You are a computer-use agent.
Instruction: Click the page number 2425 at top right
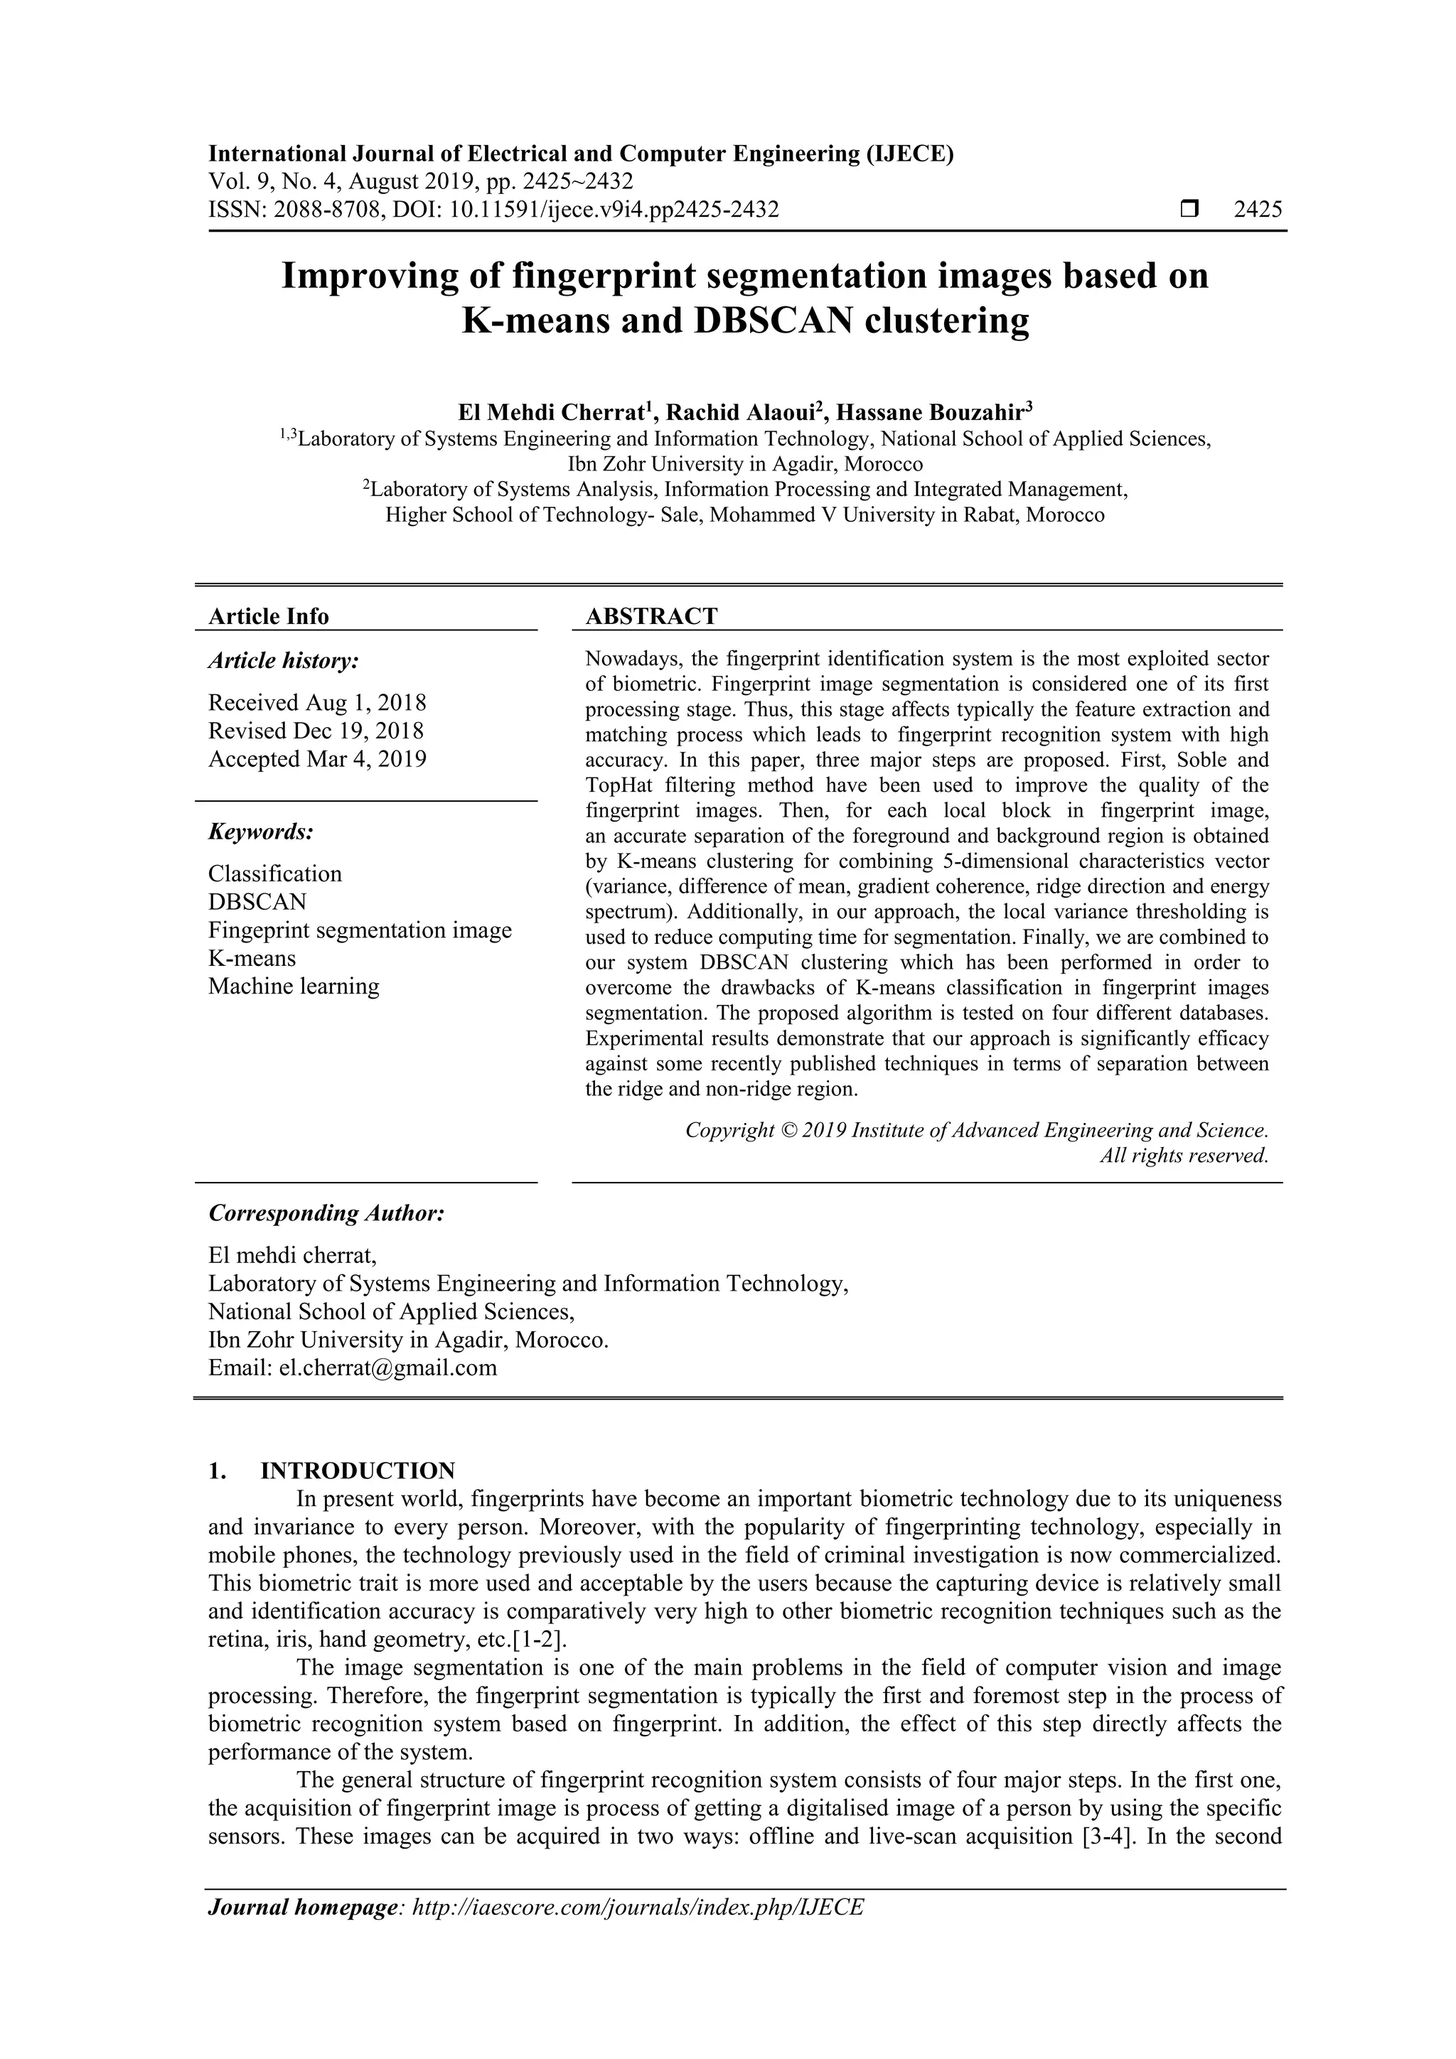point(1258,210)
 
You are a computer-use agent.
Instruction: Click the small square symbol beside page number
point(1189,210)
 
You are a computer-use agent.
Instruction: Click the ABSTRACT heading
point(651,616)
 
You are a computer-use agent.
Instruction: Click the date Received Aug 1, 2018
point(316,702)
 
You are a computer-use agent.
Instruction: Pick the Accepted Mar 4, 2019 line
point(316,758)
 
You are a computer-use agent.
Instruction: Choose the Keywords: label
point(261,832)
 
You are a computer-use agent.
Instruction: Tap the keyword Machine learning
point(294,987)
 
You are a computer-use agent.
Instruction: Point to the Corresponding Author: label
point(326,1213)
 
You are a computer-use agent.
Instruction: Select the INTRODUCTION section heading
point(357,1471)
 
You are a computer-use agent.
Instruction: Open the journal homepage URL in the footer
point(637,1932)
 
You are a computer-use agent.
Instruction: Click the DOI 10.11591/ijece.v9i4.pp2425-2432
point(614,210)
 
